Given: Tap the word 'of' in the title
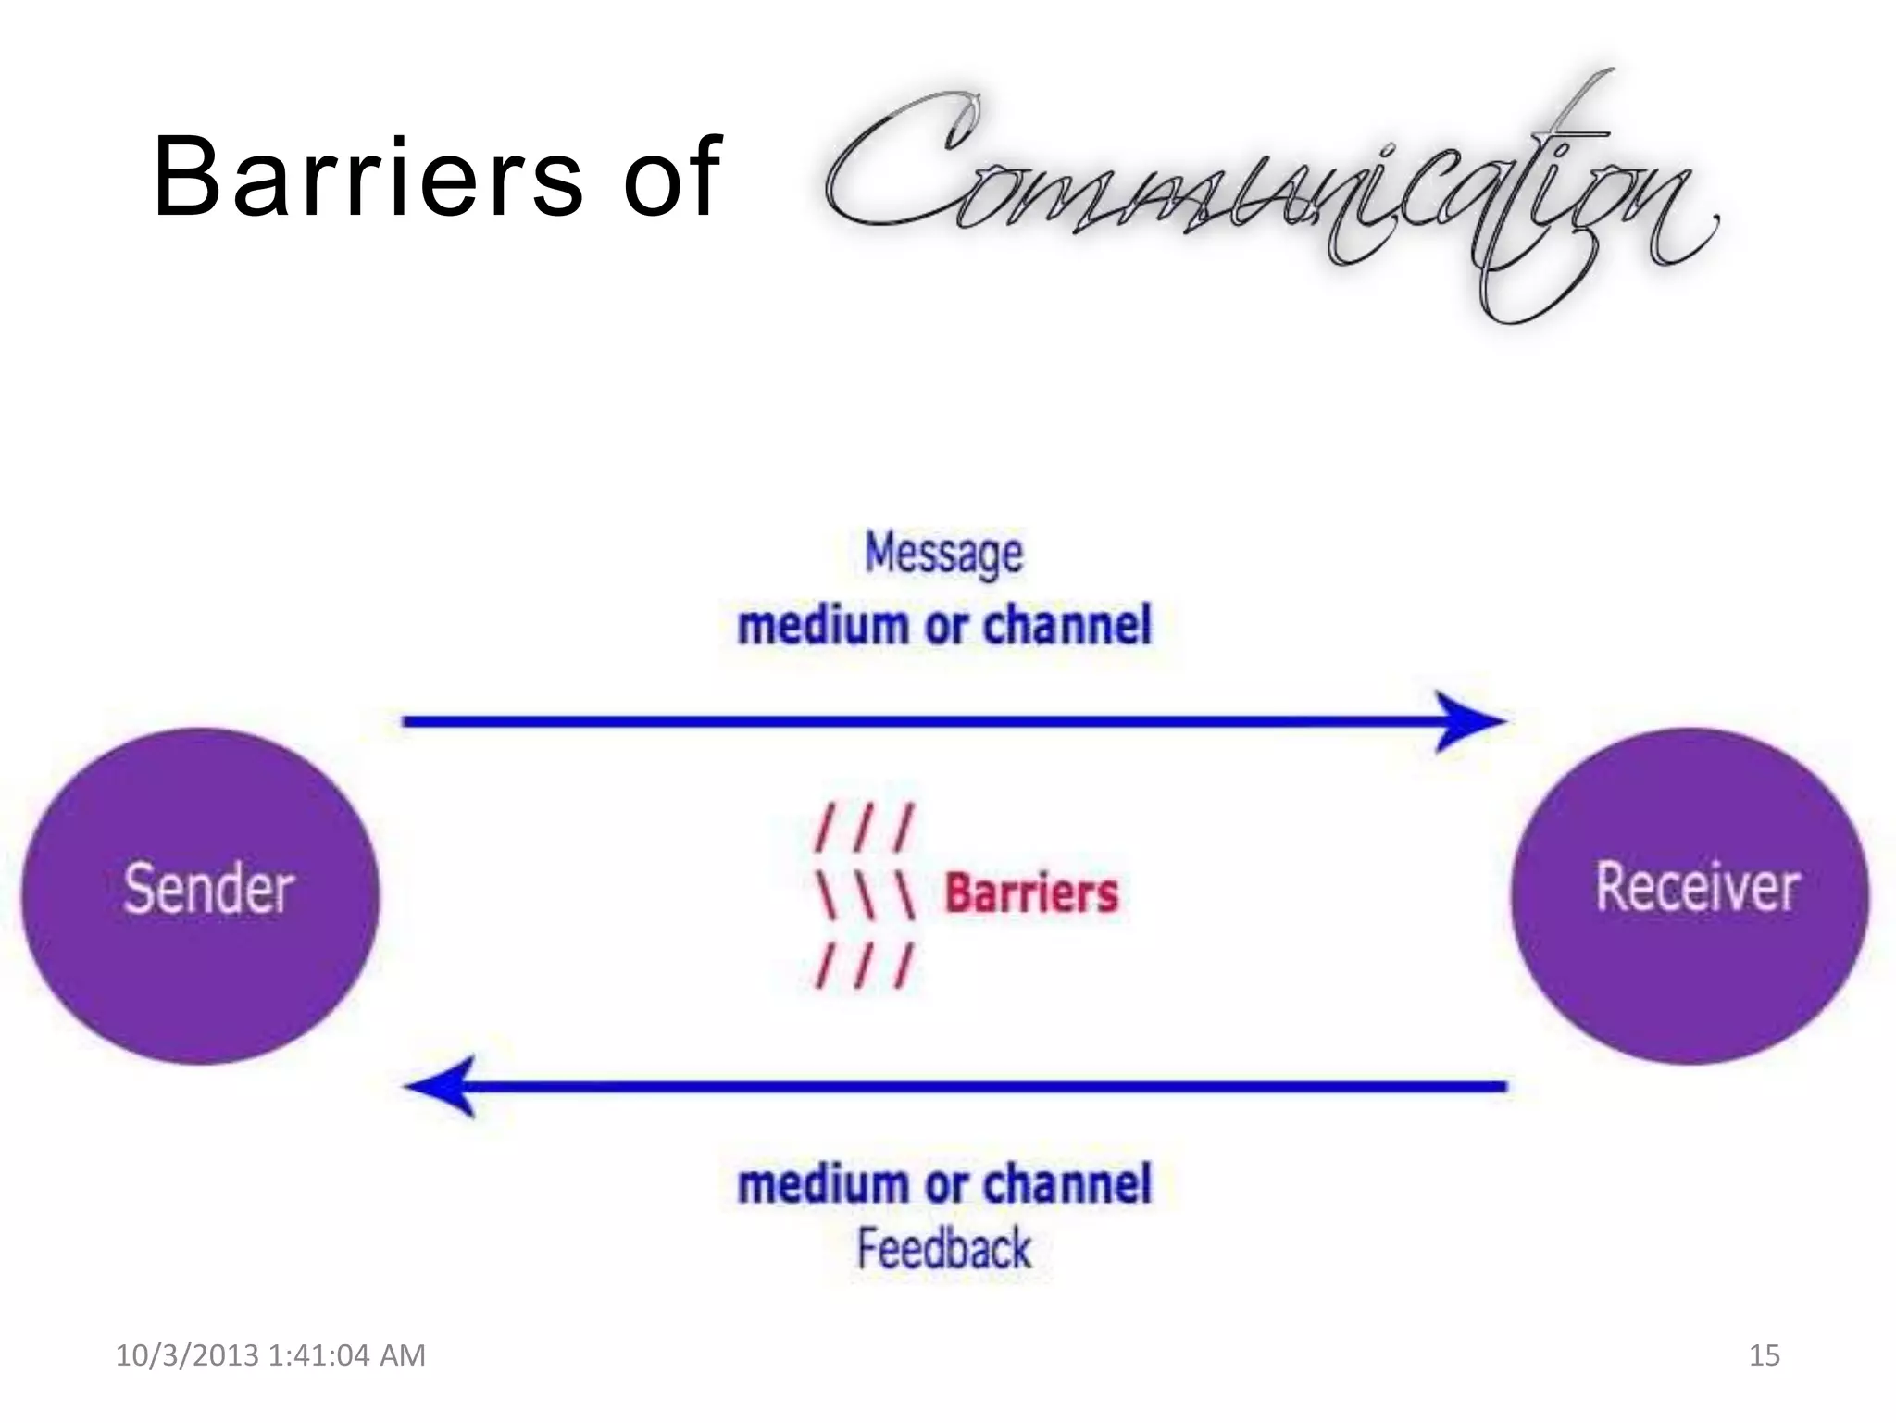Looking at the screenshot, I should [670, 177].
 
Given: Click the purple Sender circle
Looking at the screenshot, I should [201, 895].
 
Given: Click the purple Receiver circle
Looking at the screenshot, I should [1690, 895].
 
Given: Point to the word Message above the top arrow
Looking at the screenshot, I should [943, 554].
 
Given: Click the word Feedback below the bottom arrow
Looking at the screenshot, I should [943, 1249].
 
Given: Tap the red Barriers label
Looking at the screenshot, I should [1030, 893].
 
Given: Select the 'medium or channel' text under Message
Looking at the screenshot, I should [943, 625].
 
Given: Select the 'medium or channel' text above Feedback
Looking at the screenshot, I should [943, 1184].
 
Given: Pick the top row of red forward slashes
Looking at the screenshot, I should [864, 828].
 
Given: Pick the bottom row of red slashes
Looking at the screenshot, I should [864, 966].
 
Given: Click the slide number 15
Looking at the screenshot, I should [1764, 1355].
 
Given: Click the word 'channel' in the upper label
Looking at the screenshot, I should [1066, 625].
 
